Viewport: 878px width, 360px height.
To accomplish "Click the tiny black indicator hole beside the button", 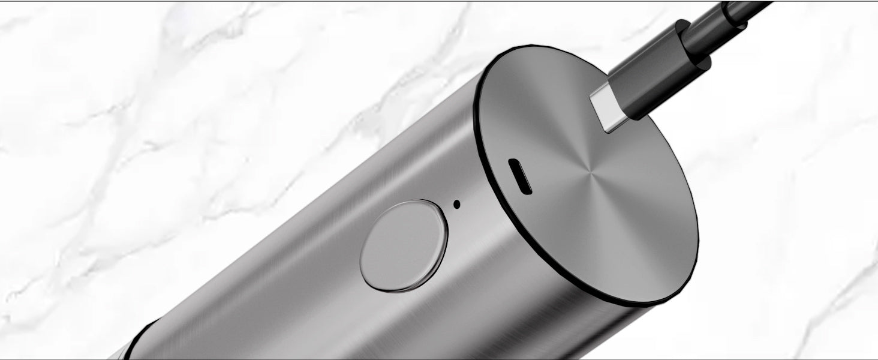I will pyautogui.click(x=457, y=204).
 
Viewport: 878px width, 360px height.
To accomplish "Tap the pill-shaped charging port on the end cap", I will pyautogui.click(x=520, y=176).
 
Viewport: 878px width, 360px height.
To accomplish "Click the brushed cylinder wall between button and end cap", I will pyautogui.click(x=480, y=252).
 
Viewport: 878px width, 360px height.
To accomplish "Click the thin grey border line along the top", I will pyautogui.click(x=360, y=1).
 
